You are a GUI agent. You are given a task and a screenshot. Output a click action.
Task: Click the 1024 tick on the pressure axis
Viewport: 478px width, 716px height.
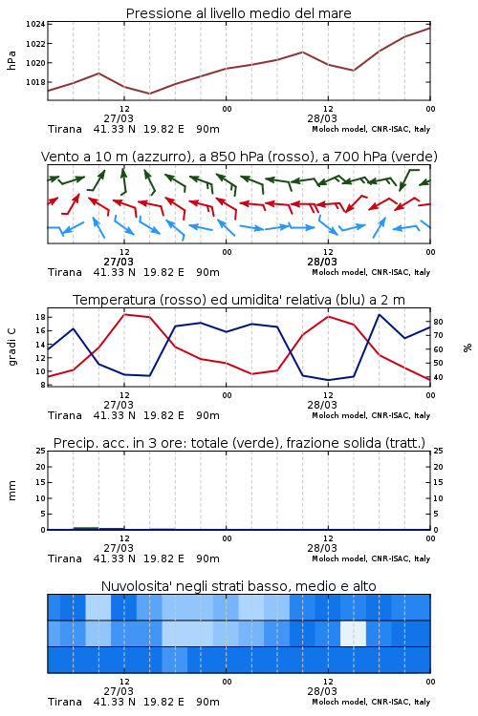(x=35, y=24)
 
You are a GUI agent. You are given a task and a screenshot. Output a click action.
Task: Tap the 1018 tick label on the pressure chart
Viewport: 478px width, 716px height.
(x=35, y=82)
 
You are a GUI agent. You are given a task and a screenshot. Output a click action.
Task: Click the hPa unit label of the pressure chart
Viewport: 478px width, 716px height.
(x=11, y=60)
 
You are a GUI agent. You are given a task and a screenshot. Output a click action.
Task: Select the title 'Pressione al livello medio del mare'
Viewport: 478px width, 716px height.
(x=239, y=13)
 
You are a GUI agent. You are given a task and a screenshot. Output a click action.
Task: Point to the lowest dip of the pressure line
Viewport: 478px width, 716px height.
(x=149, y=94)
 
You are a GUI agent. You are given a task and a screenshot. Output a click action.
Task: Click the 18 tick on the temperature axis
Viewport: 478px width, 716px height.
(x=40, y=317)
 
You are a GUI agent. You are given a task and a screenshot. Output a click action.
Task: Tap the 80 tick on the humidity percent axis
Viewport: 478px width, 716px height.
(x=438, y=322)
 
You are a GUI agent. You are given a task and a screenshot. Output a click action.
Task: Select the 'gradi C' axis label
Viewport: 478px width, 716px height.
(x=12, y=347)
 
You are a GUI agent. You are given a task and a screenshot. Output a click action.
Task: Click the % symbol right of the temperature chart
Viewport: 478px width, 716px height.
(x=467, y=347)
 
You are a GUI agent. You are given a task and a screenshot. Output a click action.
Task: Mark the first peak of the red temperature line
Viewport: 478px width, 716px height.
(x=124, y=314)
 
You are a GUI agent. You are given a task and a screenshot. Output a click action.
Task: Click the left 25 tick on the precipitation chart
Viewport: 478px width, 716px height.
(x=41, y=451)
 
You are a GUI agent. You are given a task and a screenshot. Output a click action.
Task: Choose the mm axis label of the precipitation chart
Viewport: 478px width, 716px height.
(x=11, y=491)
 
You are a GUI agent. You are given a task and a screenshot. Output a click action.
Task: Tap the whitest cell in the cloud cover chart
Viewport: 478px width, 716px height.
(x=353, y=633)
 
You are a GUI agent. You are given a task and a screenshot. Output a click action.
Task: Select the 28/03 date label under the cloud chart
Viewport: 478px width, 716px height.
(x=322, y=691)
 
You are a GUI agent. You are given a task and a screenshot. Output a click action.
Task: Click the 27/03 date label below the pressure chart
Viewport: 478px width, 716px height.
(x=119, y=118)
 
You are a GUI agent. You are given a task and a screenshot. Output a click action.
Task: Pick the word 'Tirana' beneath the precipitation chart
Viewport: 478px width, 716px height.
(x=65, y=558)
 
